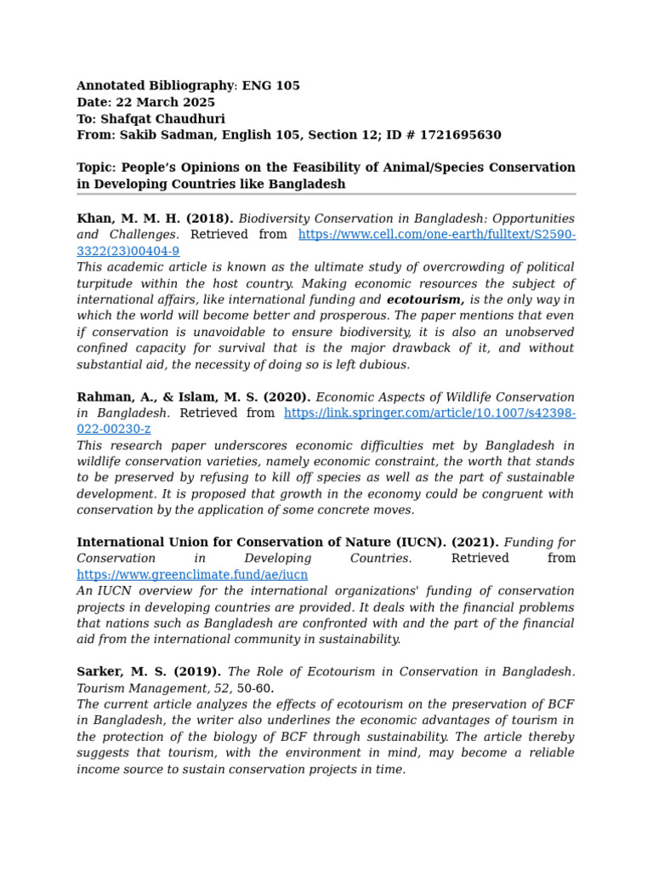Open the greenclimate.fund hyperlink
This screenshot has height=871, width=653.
192,574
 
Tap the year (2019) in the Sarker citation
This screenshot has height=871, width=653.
197,671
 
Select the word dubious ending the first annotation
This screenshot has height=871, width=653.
384,364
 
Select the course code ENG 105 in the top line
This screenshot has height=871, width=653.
271,86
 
